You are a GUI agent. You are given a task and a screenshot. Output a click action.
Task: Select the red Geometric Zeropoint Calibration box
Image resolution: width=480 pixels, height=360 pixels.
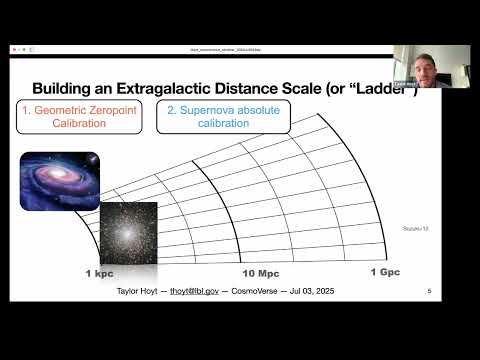[79, 117]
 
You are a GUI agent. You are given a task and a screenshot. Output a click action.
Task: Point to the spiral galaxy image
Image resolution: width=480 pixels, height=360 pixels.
[60, 180]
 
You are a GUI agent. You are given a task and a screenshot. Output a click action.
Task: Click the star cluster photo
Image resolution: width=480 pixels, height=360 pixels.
[127, 229]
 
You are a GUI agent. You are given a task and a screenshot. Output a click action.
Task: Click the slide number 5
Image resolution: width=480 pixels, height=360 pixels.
[428, 292]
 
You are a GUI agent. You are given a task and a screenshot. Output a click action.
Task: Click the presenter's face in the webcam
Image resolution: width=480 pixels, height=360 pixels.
[432, 62]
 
